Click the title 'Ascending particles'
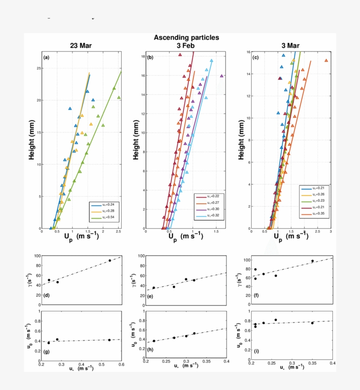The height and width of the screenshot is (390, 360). pos(186,38)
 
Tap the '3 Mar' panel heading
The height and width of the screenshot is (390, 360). pos(290,46)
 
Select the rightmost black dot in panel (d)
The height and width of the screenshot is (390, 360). pos(110,260)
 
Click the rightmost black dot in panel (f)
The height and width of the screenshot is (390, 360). pos(313,261)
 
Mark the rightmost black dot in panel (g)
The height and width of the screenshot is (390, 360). pos(109,339)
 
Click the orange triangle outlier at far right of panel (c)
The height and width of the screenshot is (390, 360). pos(326,61)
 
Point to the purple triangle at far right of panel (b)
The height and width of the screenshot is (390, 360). pos(222,76)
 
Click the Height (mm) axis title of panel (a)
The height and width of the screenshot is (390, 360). pos(32,140)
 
